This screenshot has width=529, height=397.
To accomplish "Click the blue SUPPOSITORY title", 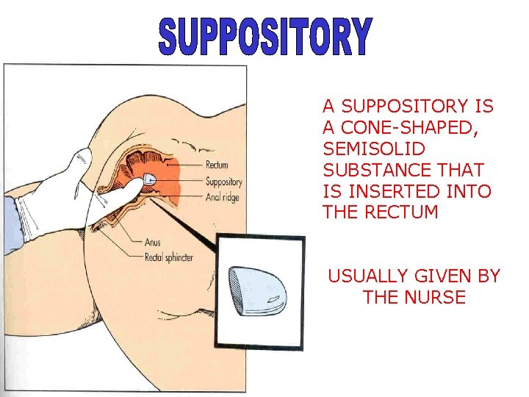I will click(265, 37).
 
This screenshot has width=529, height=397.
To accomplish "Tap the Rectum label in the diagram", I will click(217, 165).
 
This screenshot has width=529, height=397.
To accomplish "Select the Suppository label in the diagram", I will click(224, 182).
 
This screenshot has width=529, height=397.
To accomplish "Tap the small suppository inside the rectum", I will click(149, 180).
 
